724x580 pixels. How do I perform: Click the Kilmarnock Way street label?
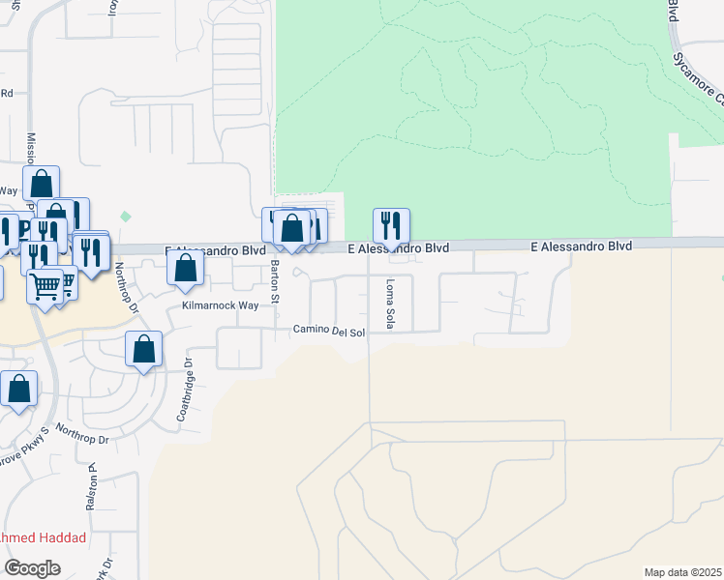tap(222, 305)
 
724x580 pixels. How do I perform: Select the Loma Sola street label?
tap(390, 304)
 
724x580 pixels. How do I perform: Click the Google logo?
tap(32, 568)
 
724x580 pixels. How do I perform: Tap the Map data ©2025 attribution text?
tap(682, 572)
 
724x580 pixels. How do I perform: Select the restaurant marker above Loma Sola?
tap(391, 226)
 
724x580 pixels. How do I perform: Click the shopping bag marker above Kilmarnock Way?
tap(186, 269)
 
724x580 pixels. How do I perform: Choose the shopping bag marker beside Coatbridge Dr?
tap(144, 349)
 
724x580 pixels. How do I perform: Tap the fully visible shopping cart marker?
tap(45, 286)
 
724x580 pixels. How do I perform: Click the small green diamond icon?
tap(124, 216)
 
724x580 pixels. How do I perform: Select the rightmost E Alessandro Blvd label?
tap(582, 247)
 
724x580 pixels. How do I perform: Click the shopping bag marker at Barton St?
tap(291, 230)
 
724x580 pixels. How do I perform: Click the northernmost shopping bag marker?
tap(42, 183)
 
